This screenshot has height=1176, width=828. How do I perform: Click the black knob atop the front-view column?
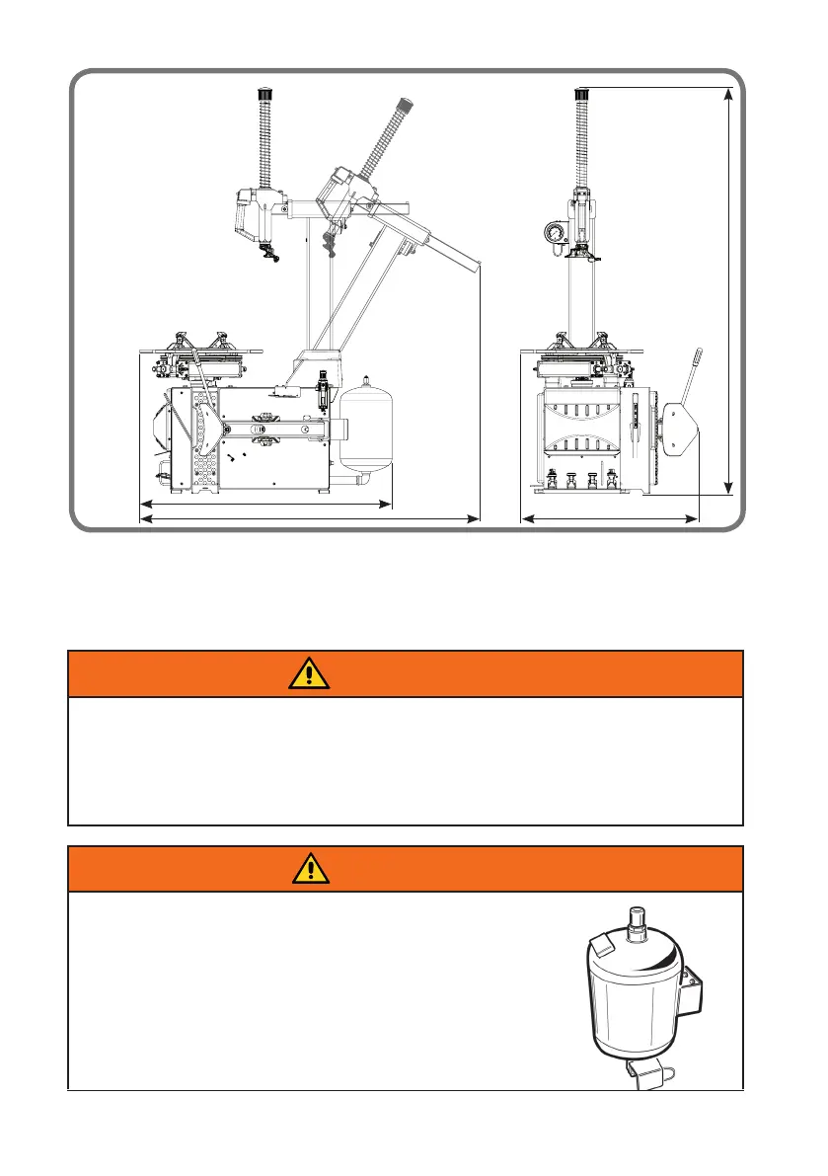[x=582, y=95]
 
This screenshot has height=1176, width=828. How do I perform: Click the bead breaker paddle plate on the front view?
[x=681, y=431]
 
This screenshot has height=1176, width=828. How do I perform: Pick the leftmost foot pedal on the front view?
[x=552, y=480]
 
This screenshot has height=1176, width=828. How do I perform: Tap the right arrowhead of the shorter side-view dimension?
[x=387, y=505]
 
